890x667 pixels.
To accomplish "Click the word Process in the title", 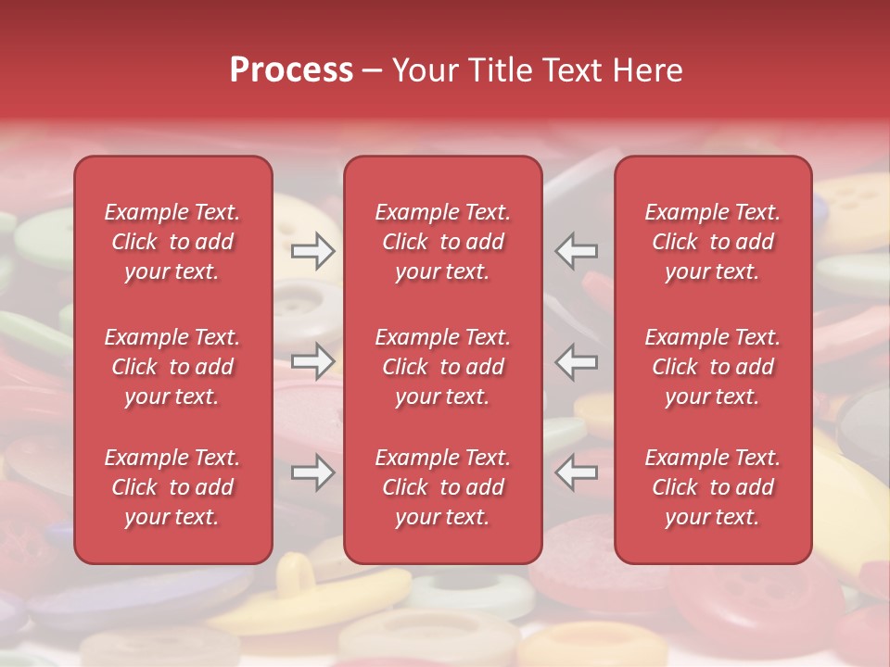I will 291,70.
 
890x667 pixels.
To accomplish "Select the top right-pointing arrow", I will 312,250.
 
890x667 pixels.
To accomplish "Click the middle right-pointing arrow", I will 312,361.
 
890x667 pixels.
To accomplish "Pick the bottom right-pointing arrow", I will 312,472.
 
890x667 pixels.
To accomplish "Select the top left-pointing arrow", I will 577,250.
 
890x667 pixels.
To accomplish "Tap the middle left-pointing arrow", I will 577,361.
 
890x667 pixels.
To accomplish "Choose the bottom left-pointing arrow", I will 577,472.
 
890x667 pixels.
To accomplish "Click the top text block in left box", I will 172,242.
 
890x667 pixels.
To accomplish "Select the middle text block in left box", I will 172,367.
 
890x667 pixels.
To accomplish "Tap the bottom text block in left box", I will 172,487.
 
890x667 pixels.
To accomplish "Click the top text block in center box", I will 443,242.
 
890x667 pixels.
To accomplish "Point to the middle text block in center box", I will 443,367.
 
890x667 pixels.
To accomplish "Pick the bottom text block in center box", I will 443,487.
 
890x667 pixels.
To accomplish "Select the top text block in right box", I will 713,242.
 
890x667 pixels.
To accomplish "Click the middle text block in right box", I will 713,367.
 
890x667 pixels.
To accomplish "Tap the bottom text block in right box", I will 713,487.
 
